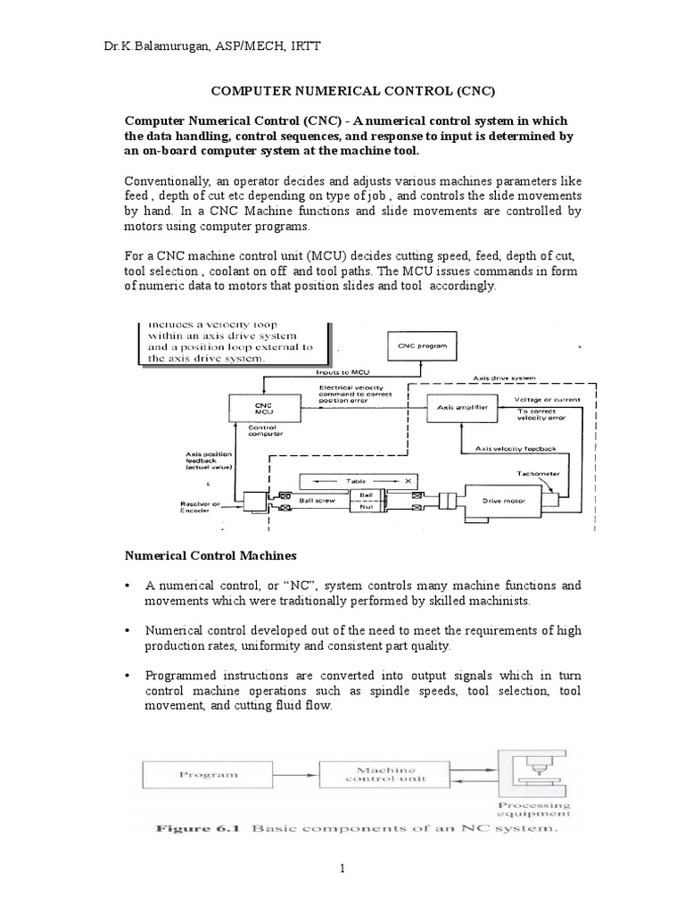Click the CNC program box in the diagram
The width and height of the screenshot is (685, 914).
coord(422,345)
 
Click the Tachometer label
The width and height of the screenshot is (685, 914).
coord(536,474)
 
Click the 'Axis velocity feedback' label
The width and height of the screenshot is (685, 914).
coord(515,448)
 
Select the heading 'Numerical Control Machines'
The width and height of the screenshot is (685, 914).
coord(209,555)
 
